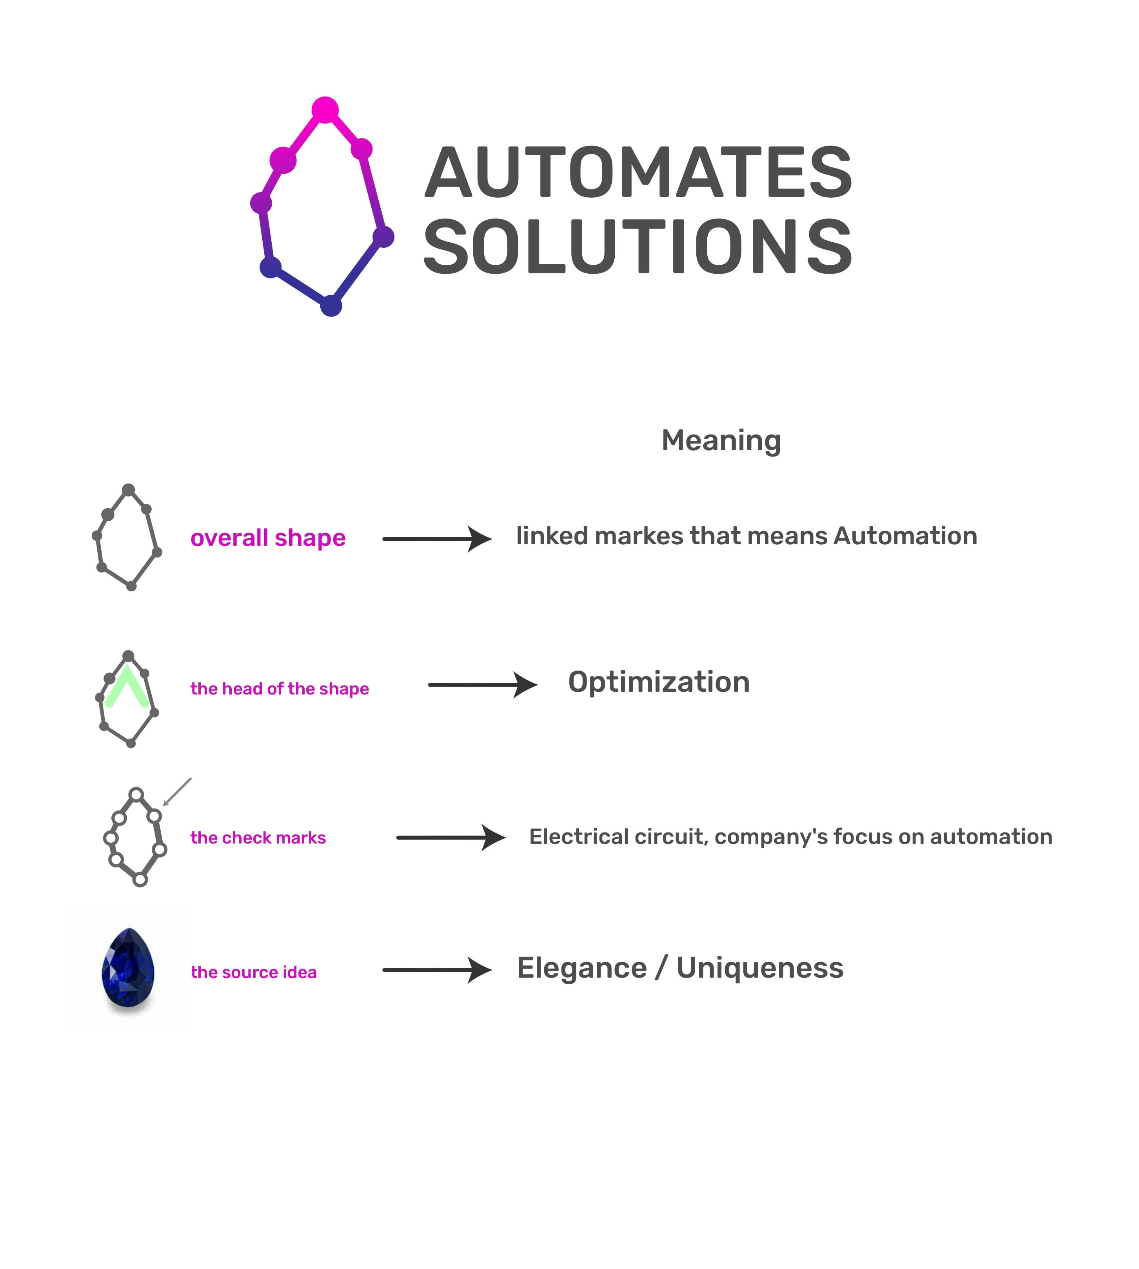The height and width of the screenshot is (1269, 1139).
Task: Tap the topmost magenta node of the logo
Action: point(325,110)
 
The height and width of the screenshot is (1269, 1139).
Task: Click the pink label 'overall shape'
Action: point(268,538)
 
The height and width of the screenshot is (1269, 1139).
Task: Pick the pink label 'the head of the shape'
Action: point(279,689)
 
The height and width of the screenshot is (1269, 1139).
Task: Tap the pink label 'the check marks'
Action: point(258,838)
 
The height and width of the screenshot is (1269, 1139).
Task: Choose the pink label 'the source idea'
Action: point(253,972)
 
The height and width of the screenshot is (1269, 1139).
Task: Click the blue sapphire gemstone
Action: point(128,967)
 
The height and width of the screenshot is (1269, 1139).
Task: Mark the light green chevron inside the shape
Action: point(127,687)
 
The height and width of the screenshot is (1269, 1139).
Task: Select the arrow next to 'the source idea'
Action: point(437,970)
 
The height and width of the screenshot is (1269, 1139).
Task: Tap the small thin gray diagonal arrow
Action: point(177,792)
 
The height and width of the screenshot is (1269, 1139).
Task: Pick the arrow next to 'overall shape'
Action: point(437,539)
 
